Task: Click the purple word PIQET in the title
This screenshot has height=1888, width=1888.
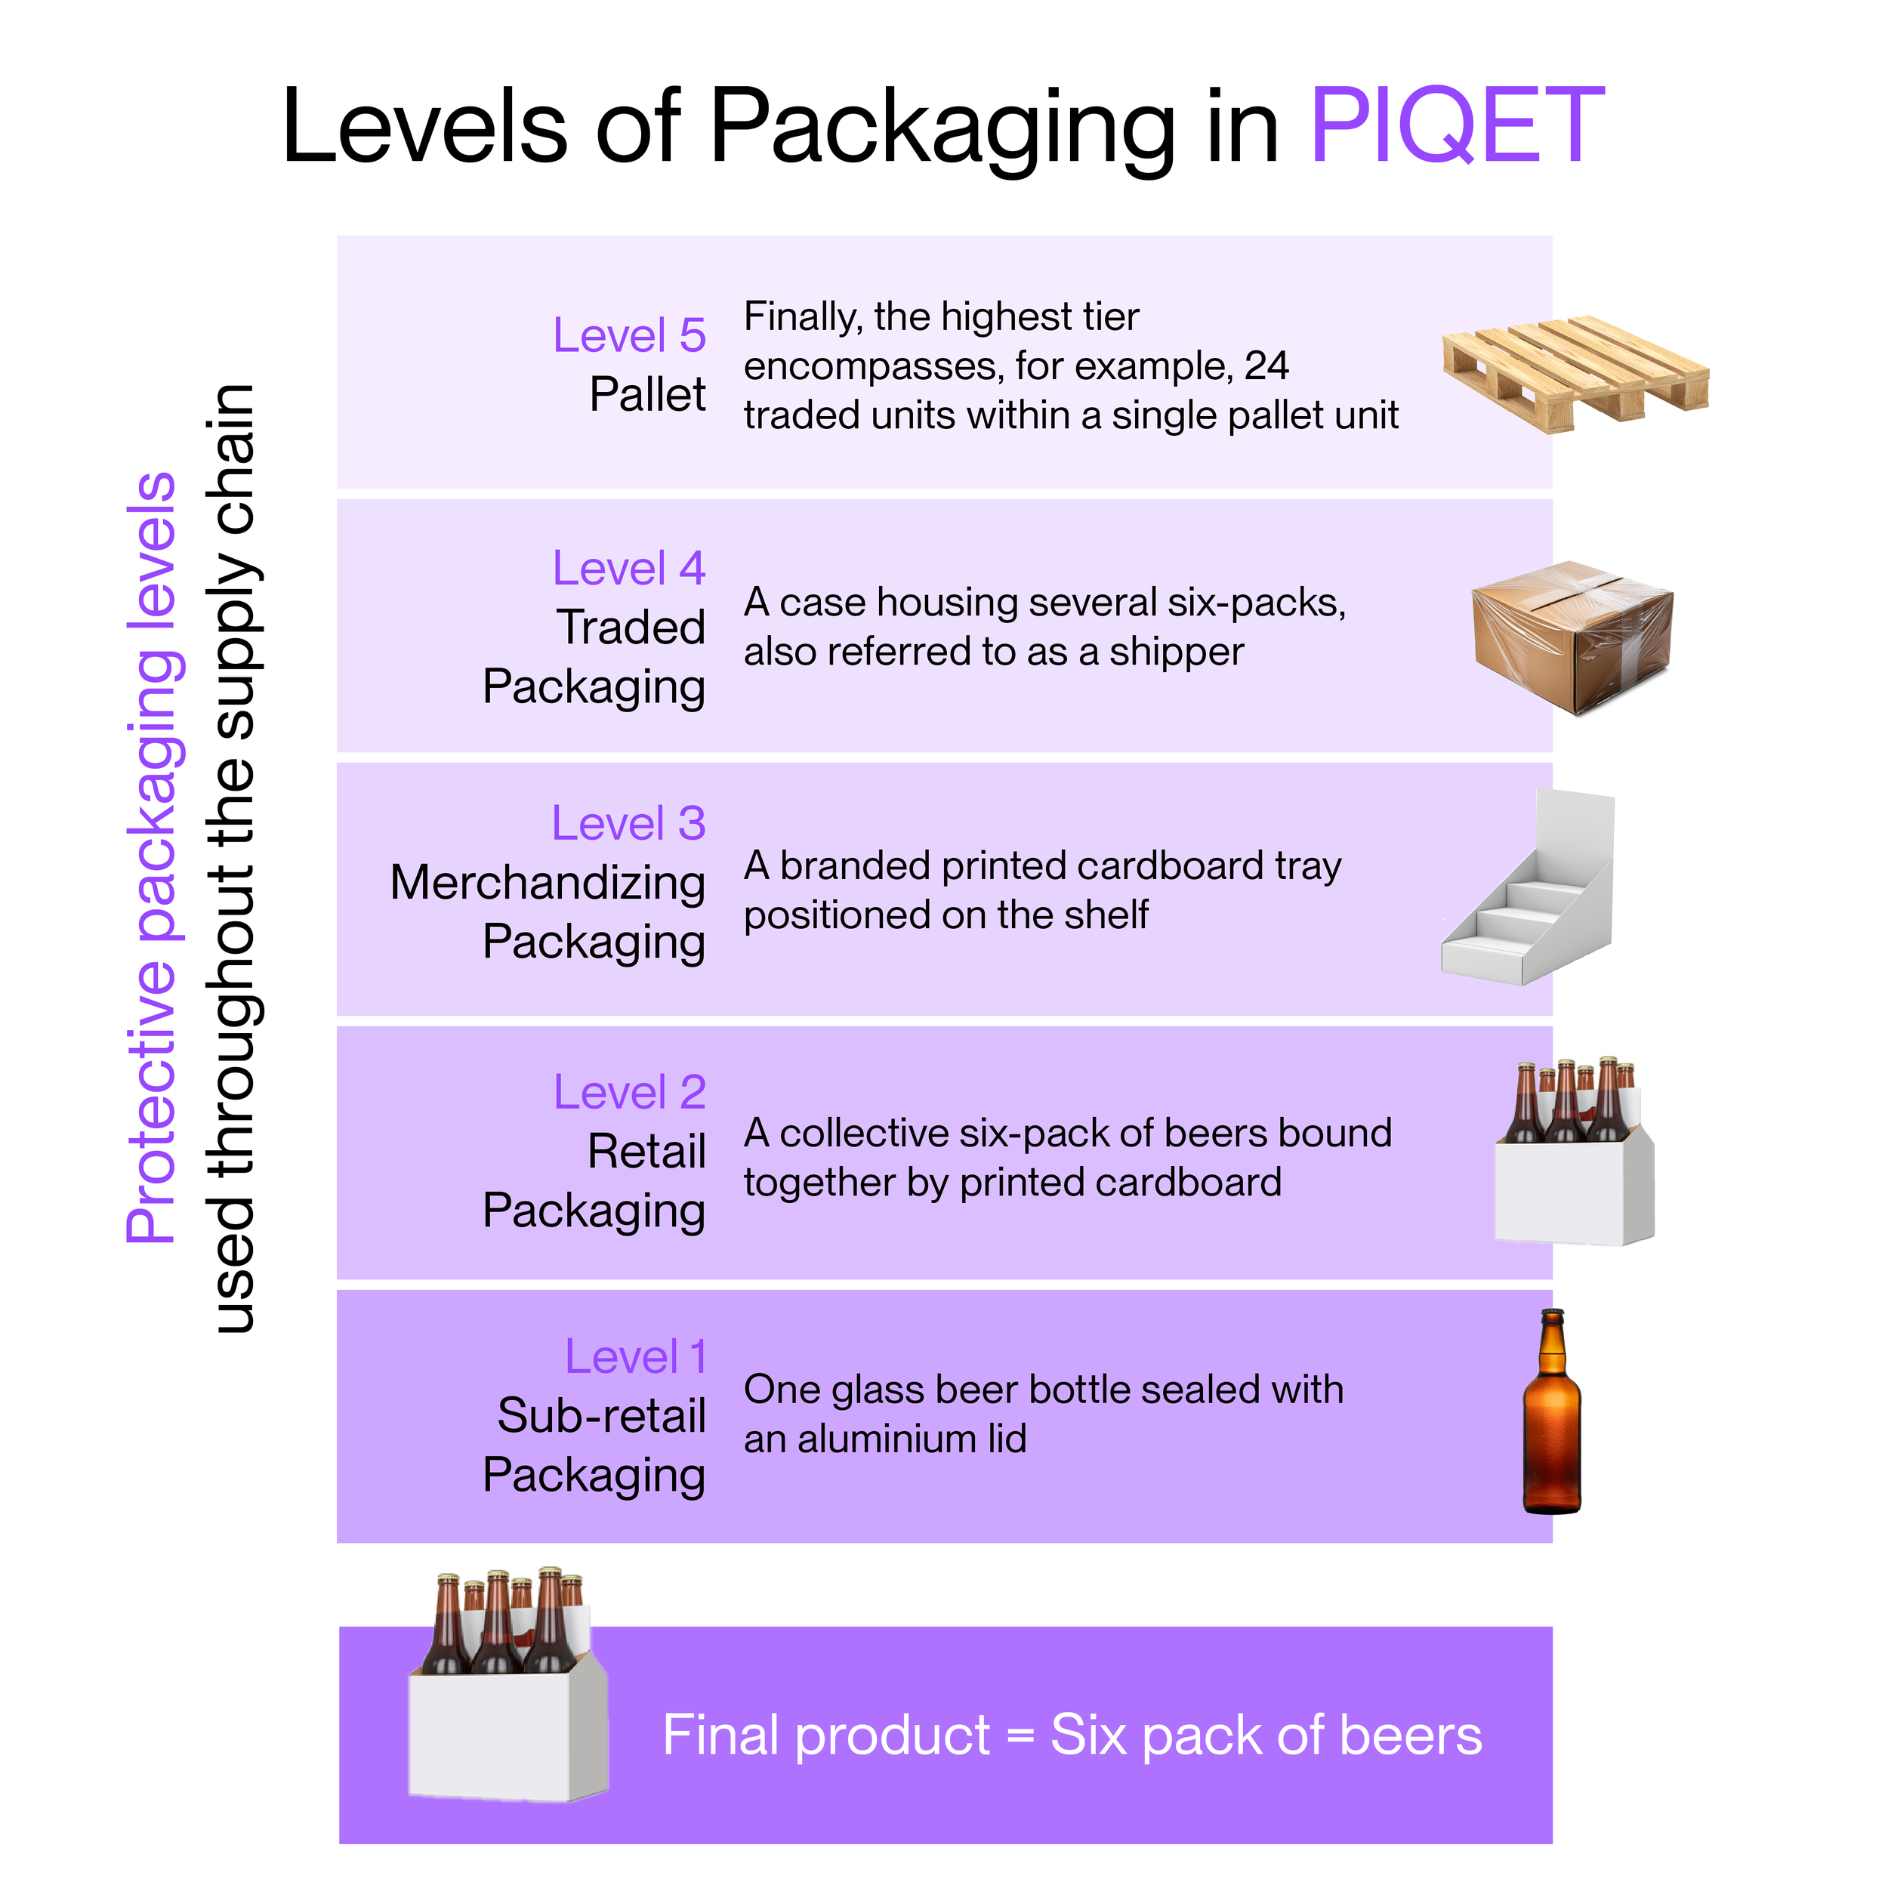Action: pyautogui.click(x=1455, y=126)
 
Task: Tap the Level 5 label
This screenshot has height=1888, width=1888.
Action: pyautogui.click(x=629, y=335)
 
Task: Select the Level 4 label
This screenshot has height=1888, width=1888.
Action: pyautogui.click(x=628, y=568)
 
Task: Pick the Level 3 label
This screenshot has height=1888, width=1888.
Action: pyautogui.click(x=628, y=823)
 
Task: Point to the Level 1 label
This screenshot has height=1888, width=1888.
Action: pyautogui.click(x=635, y=1356)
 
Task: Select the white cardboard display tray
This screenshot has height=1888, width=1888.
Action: pyautogui.click(x=1529, y=890)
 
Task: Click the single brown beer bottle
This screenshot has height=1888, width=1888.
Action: pyautogui.click(x=1552, y=1412)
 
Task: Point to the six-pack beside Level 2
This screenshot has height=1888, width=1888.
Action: pyautogui.click(x=1573, y=1153)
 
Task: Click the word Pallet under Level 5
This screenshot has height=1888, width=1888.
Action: pyautogui.click(x=647, y=395)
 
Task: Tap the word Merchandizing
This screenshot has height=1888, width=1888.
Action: pyautogui.click(x=548, y=882)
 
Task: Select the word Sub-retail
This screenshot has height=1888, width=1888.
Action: pyautogui.click(x=601, y=1415)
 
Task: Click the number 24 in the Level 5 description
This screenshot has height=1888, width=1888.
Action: pyautogui.click(x=1266, y=366)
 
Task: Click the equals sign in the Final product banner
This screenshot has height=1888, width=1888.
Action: pyautogui.click(x=1020, y=1736)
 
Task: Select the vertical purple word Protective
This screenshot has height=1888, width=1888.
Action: pyautogui.click(x=152, y=1104)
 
